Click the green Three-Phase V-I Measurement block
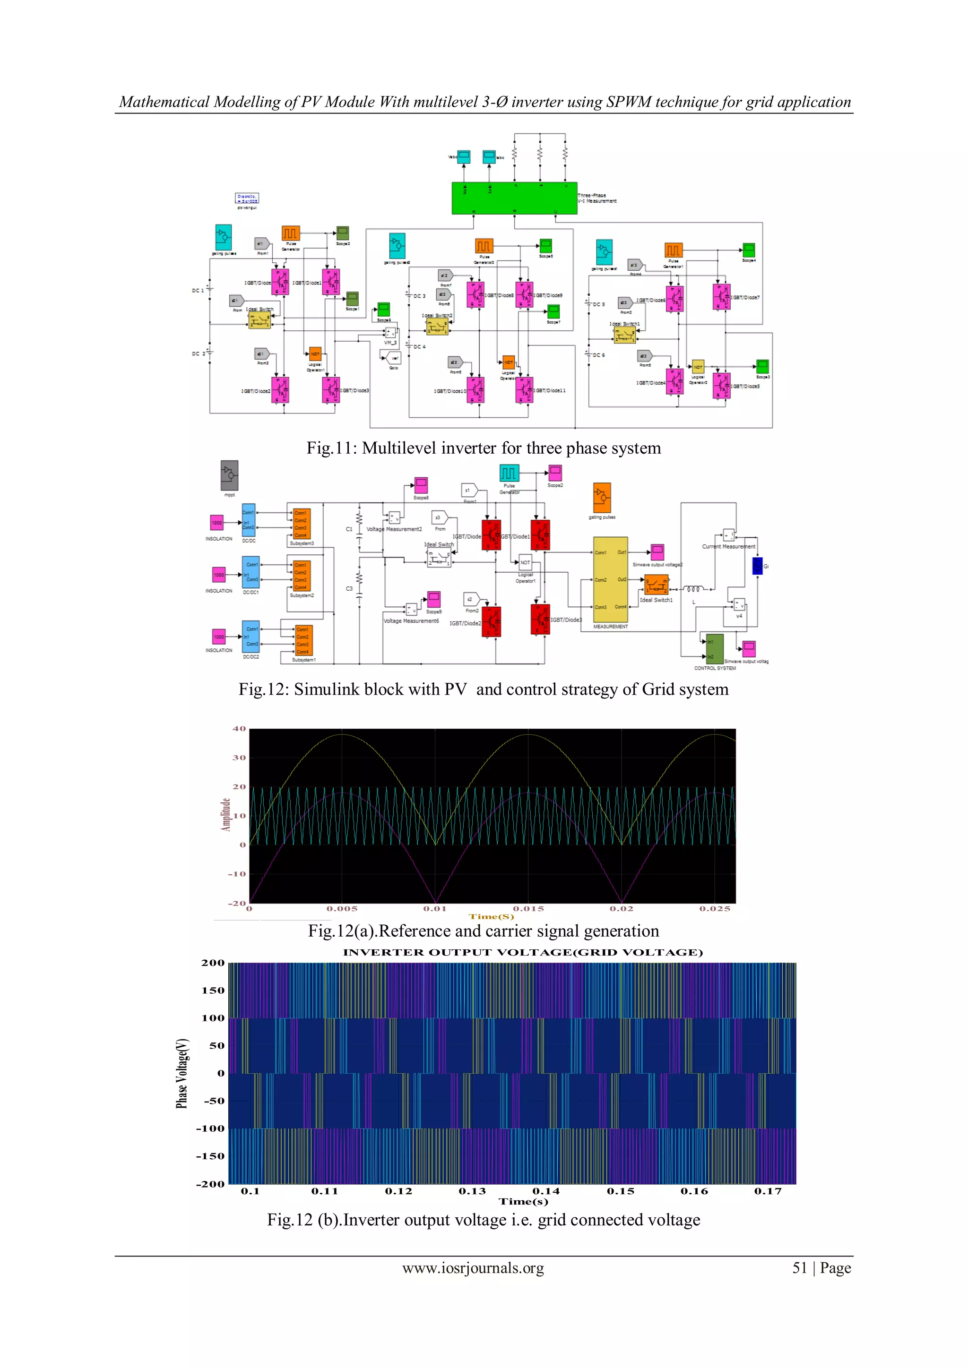(514, 198)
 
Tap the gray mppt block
(229, 475)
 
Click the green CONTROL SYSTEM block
(715, 649)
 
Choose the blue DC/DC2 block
(251, 637)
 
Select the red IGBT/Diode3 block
(540, 619)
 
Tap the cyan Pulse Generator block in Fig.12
(509, 473)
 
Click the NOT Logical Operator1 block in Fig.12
(525, 562)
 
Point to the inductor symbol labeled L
(694, 589)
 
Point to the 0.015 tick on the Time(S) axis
(528, 909)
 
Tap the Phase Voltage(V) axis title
(182, 1073)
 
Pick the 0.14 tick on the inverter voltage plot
(546, 1191)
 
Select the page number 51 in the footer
(799, 1268)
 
